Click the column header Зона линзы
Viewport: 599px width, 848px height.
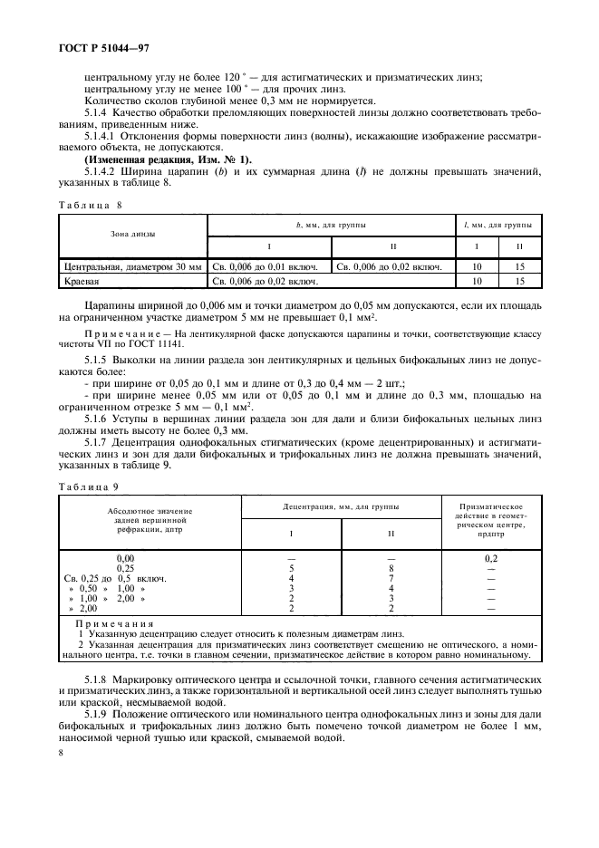[x=132, y=234]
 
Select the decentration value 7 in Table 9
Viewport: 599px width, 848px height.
[x=391, y=577]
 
